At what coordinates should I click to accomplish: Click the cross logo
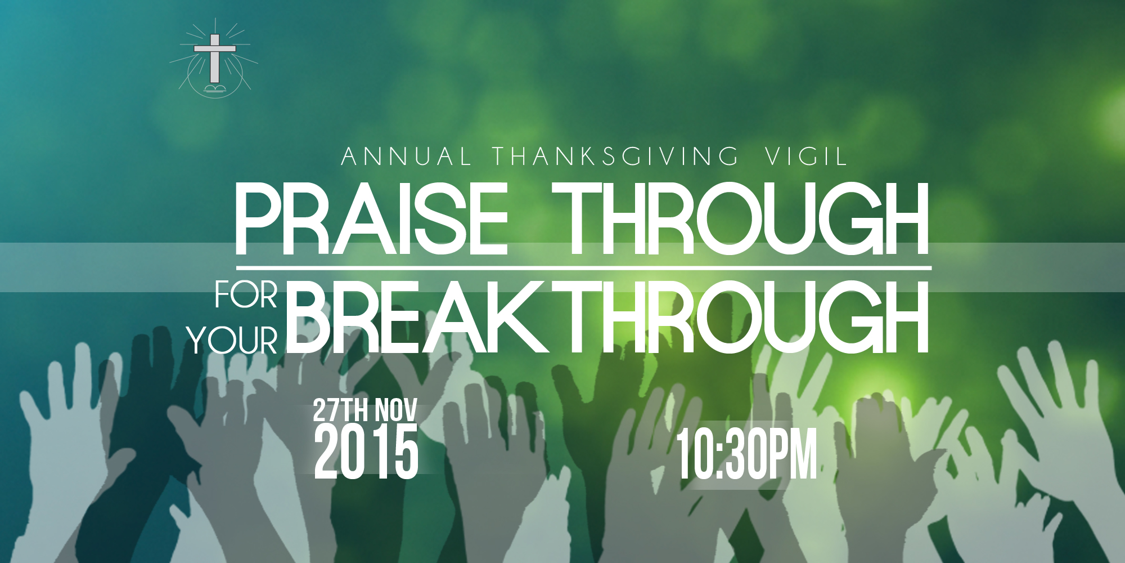[214, 59]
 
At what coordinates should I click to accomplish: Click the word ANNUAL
[406, 157]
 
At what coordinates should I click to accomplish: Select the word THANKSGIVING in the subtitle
[616, 157]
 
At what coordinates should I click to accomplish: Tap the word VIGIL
[805, 157]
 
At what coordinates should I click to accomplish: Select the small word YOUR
[233, 341]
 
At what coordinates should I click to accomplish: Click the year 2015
[366, 452]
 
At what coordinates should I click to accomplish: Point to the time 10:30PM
[746, 454]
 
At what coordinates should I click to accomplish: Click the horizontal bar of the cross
[215, 48]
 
